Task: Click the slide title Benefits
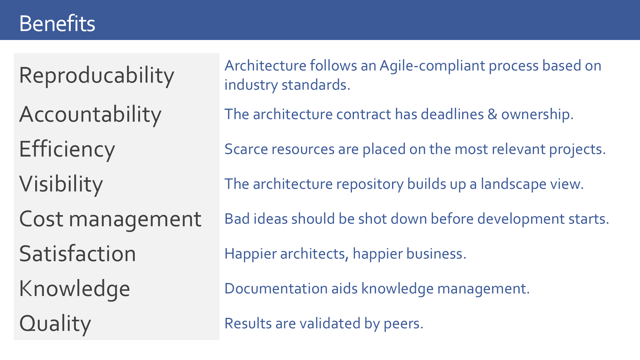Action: point(57,23)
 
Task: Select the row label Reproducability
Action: point(96,76)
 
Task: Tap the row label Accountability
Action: point(90,114)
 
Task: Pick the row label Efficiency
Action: point(67,149)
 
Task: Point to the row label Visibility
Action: point(61,184)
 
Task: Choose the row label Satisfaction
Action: point(77,254)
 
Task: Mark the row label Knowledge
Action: point(74,289)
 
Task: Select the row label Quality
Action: point(55,324)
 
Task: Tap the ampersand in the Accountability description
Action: point(492,114)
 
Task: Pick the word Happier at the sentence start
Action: point(250,254)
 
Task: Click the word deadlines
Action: point(452,114)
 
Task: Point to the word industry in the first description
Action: point(251,85)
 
